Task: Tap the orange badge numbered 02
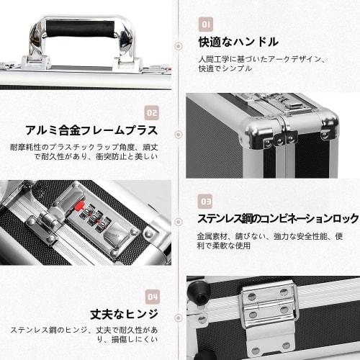point(151,112)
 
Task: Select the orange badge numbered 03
point(207,201)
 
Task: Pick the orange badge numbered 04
point(151,296)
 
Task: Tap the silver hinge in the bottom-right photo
point(270,310)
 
